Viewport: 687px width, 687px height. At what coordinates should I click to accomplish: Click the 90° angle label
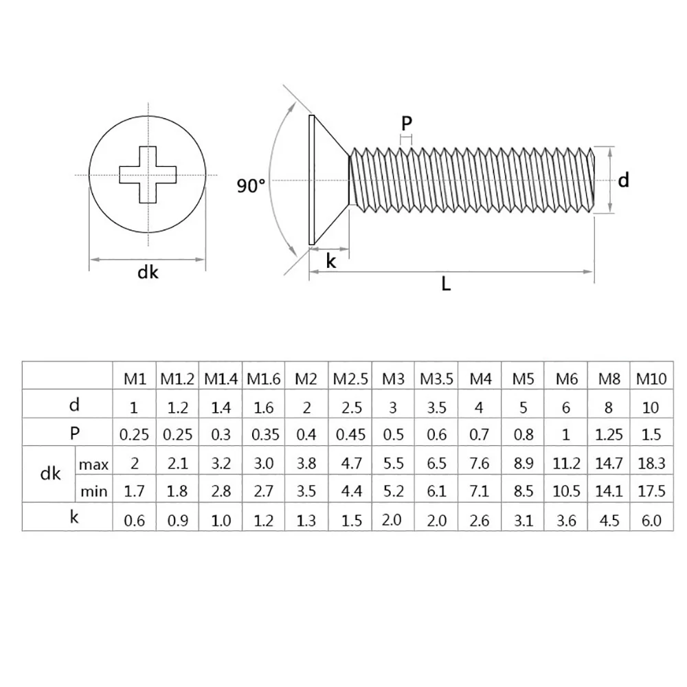point(251,185)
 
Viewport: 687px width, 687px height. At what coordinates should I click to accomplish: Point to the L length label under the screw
point(446,284)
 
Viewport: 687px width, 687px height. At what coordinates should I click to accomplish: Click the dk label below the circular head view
point(148,273)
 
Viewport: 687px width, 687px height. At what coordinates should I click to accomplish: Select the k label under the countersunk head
point(330,261)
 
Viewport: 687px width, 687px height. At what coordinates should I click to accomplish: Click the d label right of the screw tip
point(623,180)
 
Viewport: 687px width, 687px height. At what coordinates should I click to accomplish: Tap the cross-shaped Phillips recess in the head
point(148,174)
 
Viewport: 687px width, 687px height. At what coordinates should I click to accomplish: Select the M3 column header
point(393,379)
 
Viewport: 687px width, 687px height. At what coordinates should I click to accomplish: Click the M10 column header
point(651,379)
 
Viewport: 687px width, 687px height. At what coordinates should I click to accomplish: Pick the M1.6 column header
point(264,379)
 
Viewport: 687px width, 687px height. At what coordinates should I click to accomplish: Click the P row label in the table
point(74,433)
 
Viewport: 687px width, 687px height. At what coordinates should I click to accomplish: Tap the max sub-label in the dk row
point(94,465)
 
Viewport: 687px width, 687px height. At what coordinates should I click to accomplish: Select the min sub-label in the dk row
point(94,491)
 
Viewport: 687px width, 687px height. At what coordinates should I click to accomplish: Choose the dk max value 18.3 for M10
point(651,464)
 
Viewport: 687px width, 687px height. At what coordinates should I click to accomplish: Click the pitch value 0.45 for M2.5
point(350,435)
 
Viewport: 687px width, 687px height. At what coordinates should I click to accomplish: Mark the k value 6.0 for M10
point(651,520)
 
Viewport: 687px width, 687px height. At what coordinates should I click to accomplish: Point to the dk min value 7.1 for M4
point(479,492)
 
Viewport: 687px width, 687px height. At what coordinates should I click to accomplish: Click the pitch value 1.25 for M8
point(609,435)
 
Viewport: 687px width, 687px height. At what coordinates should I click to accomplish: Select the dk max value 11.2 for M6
point(565,464)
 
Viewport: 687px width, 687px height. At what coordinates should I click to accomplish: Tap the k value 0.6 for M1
point(135,520)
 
